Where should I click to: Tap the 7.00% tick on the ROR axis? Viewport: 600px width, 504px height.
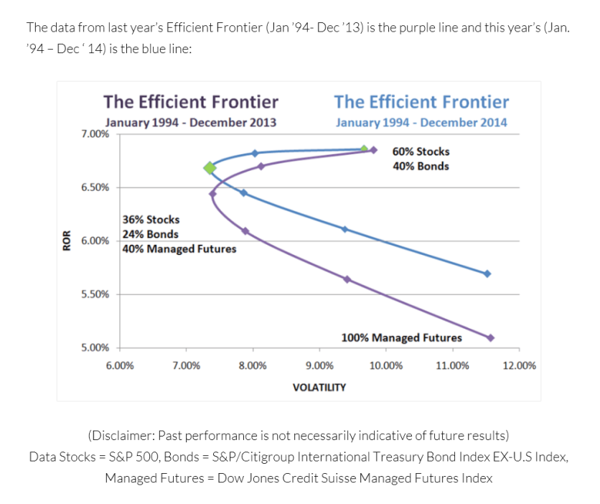[95, 134]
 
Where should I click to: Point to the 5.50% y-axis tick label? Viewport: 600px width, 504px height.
[95, 294]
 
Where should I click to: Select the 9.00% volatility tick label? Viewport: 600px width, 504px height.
[319, 365]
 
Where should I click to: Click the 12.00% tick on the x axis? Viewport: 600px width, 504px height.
[519, 365]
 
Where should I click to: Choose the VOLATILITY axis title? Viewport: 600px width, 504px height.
[319, 388]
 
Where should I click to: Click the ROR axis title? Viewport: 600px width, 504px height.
[67, 240]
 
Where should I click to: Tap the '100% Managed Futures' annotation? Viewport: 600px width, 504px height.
[401, 337]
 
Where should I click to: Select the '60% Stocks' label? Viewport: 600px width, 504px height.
[421, 151]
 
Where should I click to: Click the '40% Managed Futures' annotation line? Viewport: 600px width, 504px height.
[179, 249]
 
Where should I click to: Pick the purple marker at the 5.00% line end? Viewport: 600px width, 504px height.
[491, 337]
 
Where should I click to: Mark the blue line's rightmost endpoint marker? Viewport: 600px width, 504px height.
[487, 274]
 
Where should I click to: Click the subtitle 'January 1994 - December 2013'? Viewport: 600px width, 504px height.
[191, 122]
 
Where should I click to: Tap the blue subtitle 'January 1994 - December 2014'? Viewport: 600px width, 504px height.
[421, 122]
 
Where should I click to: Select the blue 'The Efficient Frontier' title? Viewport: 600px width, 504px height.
[421, 102]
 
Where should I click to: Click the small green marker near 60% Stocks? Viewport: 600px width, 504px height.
[363, 149]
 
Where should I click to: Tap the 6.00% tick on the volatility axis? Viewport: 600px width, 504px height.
[118, 365]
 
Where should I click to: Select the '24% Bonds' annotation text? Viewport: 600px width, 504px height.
[151, 234]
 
